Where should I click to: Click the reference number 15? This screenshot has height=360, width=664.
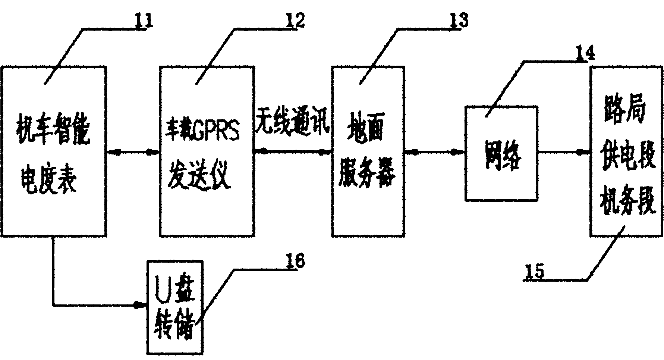535,271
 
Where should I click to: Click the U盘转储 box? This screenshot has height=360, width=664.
176,307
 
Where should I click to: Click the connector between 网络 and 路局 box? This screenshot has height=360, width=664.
563,152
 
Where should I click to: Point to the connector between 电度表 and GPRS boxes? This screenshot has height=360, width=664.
133,152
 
